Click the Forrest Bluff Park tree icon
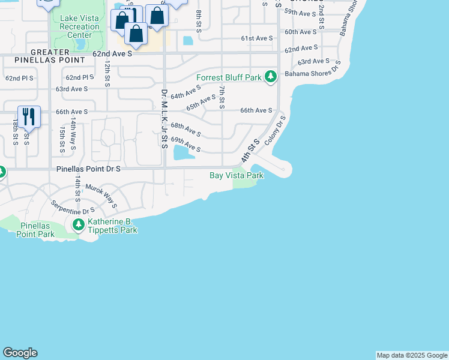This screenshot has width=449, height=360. pos(271,77)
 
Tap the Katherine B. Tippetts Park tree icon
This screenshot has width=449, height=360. pos(78,226)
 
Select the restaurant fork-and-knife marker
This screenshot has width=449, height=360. pos(29,116)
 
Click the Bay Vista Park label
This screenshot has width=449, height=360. pos(237,175)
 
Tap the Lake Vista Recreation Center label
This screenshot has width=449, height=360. pos(80,26)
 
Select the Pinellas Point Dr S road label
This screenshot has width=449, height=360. pos(89,169)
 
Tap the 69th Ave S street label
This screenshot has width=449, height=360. pos(185,144)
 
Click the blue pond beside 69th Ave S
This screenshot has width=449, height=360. pos(184,154)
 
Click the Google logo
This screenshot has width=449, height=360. pos(20,353)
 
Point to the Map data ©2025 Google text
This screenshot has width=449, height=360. pos(412,355)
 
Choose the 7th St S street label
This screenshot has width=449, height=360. pos(222,97)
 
